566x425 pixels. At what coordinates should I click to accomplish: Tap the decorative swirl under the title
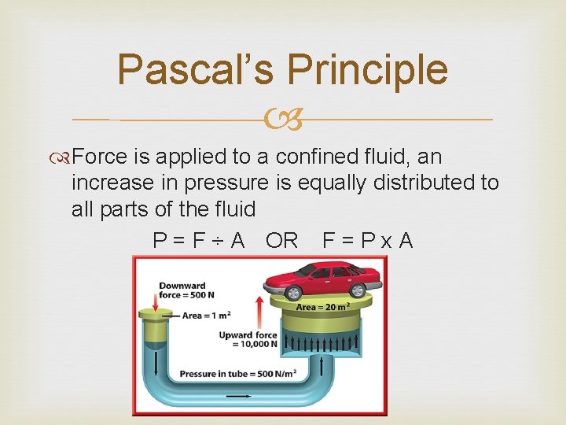point(282,120)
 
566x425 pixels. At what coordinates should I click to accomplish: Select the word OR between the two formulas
point(281,240)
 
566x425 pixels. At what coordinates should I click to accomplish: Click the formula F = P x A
point(367,240)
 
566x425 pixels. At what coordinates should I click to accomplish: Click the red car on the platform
point(322,279)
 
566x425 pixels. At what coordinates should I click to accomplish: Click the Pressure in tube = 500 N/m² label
point(238,374)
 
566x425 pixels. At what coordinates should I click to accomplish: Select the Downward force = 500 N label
point(182,290)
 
